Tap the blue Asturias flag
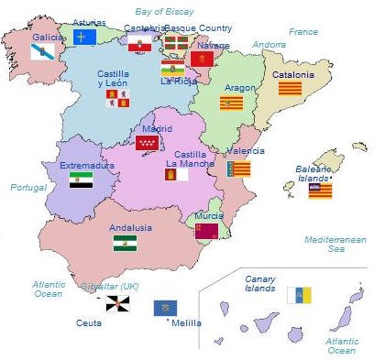84,37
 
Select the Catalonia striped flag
290,89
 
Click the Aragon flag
231,104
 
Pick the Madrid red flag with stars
147,143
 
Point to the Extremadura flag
82,180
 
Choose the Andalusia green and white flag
126,243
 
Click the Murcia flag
206,231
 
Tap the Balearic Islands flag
320,191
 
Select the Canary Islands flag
299,295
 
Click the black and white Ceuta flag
117,302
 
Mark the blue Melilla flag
165,308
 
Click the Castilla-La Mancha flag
176,174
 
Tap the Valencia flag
240,169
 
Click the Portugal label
27,187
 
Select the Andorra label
269,44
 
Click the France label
303,31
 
